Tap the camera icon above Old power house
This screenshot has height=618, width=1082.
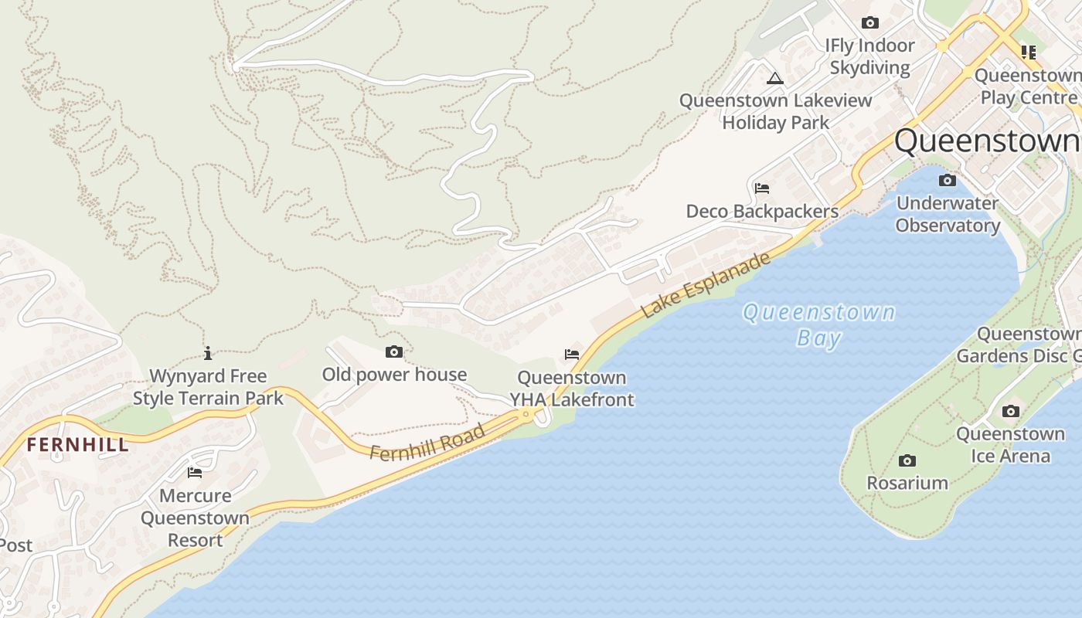coord(394,352)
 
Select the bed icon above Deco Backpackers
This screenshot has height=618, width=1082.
coord(761,188)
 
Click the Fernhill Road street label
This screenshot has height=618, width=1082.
coord(427,442)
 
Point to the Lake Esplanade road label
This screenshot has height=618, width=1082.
coord(706,284)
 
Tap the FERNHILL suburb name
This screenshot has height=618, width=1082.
coord(77,445)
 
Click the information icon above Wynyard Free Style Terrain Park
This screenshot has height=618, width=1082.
coord(207,354)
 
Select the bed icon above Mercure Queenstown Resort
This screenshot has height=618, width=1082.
coord(195,473)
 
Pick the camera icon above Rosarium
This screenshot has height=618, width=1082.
coord(907,461)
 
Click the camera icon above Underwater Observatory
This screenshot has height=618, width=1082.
coord(948,181)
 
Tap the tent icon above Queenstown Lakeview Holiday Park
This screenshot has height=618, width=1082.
coord(775,78)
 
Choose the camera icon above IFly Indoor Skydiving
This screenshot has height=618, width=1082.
coord(870,23)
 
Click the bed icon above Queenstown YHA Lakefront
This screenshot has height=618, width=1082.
coord(572,355)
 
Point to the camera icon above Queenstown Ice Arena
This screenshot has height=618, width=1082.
coord(1011,412)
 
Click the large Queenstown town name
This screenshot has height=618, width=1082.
coord(987,141)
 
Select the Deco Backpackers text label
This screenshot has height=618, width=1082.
coord(762,212)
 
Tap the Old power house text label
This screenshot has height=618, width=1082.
coord(394,375)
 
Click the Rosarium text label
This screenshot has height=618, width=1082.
coord(907,483)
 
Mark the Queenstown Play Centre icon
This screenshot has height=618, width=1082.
coord(1028,53)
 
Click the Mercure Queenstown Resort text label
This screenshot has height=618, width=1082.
coord(195,518)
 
